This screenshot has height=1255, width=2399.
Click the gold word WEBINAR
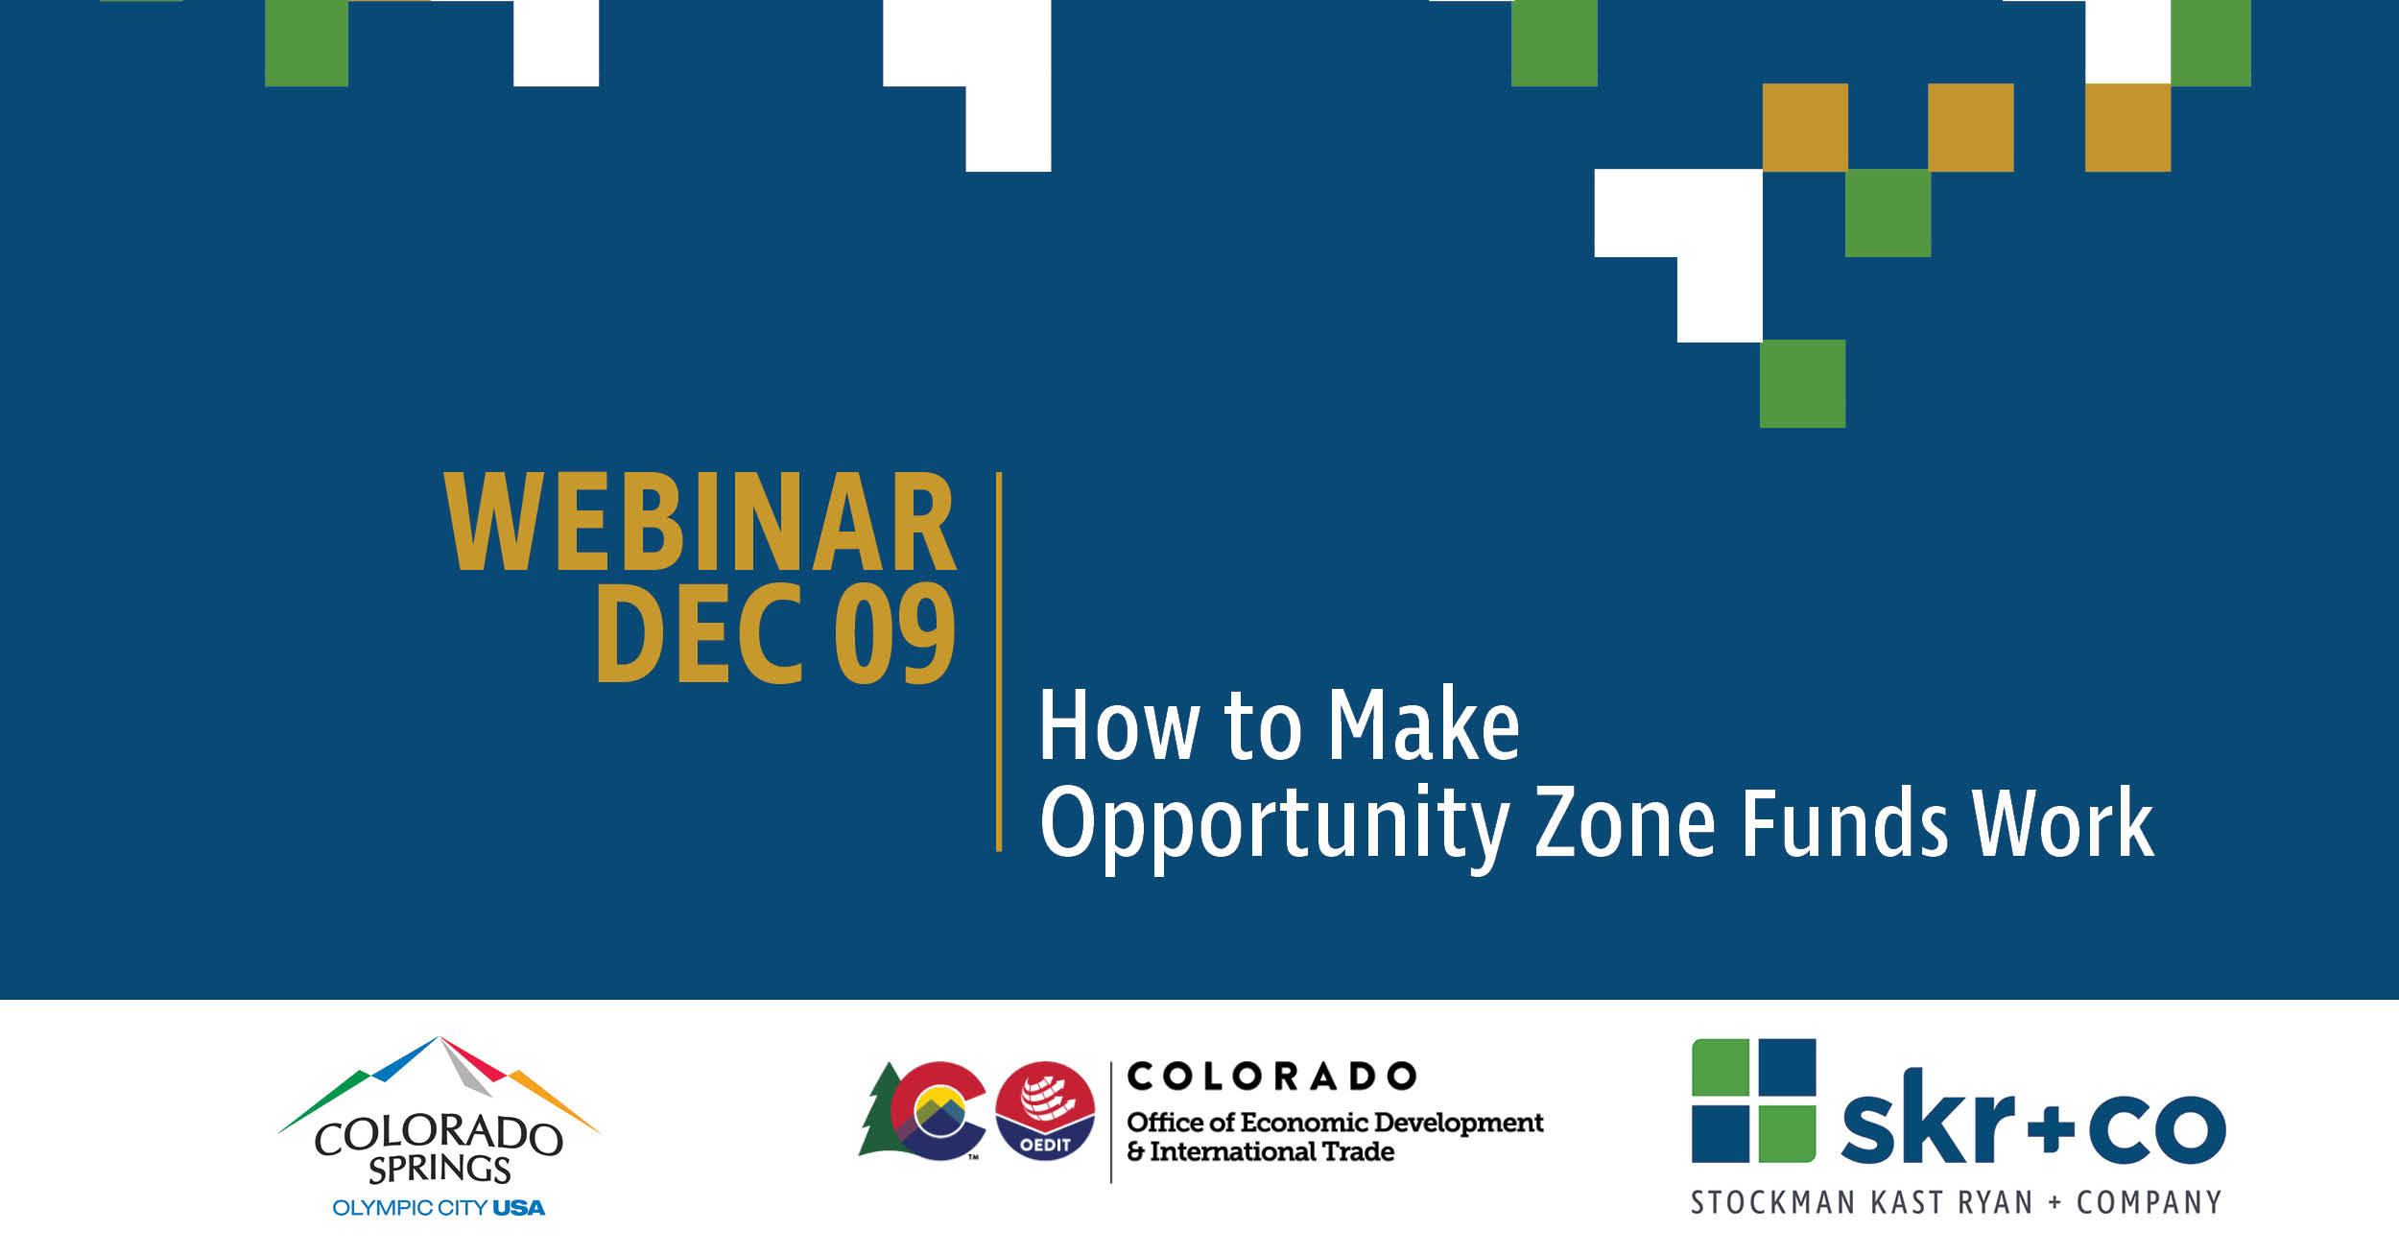(x=700, y=522)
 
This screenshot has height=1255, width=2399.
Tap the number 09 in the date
(x=894, y=634)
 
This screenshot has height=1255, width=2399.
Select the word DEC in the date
(x=698, y=634)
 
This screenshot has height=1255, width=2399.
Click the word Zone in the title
(x=1625, y=822)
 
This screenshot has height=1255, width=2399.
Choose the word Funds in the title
(x=1845, y=821)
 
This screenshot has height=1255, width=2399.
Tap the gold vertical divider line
(x=999, y=661)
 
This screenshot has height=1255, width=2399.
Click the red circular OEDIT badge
(x=1045, y=1111)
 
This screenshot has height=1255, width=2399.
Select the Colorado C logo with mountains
(x=938, y=1111)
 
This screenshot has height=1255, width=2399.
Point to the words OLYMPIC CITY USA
(x=439, y=1208)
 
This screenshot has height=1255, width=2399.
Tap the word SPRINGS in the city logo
(x=439, y=1169)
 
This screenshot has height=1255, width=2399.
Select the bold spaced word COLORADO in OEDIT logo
(x=1271, y=1077)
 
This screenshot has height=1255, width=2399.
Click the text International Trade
(x=1272, y=1151)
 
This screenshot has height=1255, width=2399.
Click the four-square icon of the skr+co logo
(x=1753, y=1101)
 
